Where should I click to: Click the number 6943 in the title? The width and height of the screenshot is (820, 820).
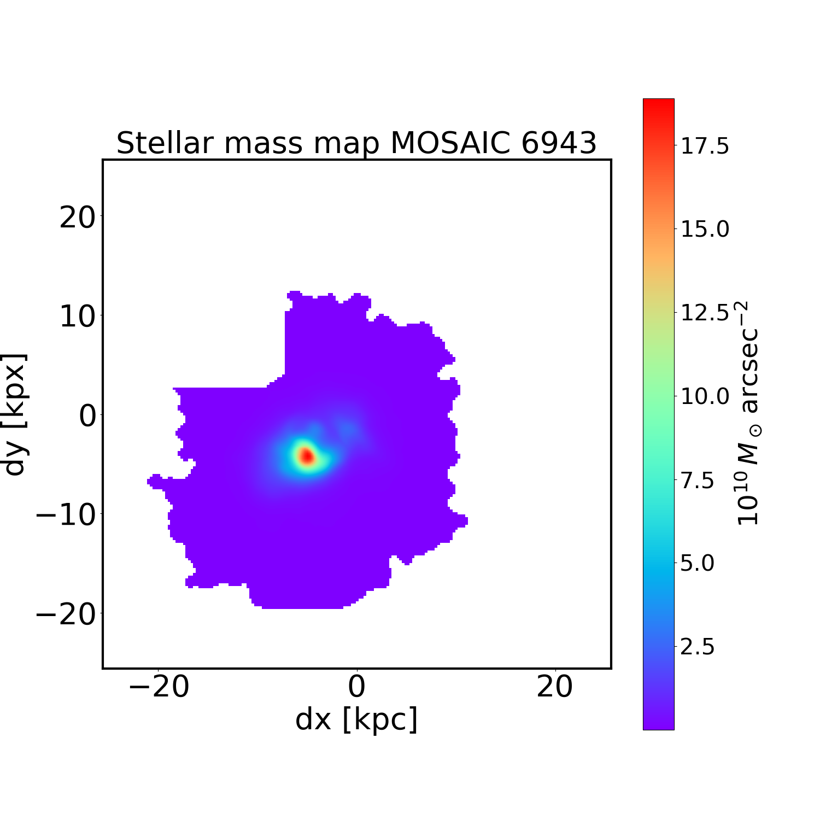558,143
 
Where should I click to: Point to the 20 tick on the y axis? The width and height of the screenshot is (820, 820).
77,218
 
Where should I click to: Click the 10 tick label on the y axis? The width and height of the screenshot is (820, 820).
77,317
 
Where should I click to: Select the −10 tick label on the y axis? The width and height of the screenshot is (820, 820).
66,516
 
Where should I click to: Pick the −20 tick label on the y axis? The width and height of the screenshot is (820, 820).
66,615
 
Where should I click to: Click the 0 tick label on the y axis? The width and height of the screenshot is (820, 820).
88,417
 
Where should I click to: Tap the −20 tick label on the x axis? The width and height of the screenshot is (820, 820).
159,687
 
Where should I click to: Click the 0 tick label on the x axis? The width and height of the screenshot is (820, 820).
356,687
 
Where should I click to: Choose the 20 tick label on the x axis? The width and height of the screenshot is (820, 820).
555,687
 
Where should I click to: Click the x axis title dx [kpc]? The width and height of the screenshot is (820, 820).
356,719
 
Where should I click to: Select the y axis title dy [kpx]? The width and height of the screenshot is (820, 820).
15,414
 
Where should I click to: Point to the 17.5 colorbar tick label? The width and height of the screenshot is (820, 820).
704,147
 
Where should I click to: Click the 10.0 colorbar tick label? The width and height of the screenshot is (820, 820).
704,396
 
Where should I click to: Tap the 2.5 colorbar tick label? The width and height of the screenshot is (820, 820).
697,647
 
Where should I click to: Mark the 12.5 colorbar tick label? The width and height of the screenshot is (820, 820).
704,313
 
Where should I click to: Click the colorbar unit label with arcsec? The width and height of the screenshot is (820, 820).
748,413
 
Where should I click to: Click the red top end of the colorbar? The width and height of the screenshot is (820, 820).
658,104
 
